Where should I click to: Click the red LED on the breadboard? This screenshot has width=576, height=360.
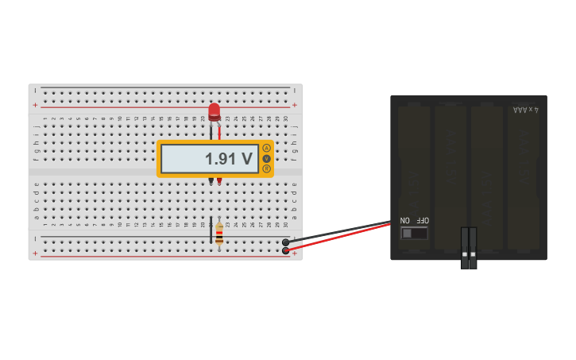[214, 111]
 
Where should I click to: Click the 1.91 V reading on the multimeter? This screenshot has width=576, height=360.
[228, 159]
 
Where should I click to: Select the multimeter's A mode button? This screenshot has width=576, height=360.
[266, 148]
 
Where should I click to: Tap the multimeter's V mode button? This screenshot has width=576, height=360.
[266, 158]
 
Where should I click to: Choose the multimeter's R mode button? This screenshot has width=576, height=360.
[266, 168]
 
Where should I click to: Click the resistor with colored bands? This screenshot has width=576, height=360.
[219, 234]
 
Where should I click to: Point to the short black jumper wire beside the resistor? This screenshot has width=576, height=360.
[211, 230]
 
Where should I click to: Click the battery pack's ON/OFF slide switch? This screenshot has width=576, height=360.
[413, 233]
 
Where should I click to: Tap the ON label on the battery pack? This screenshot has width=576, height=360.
[405, 220]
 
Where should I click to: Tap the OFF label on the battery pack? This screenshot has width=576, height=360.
[422, 220]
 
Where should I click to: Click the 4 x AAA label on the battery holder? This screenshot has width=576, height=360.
[525, 110]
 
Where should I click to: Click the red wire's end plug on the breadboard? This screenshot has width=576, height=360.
[286, 251]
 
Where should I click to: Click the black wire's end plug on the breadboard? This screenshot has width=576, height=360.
[286, 242]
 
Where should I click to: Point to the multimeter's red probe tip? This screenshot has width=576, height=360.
[219, 181]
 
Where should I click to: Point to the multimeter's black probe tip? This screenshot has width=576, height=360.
[211, 181]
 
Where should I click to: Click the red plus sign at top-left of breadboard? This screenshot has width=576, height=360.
[35, 105]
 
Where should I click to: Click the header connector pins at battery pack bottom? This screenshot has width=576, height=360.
[469, 248]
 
